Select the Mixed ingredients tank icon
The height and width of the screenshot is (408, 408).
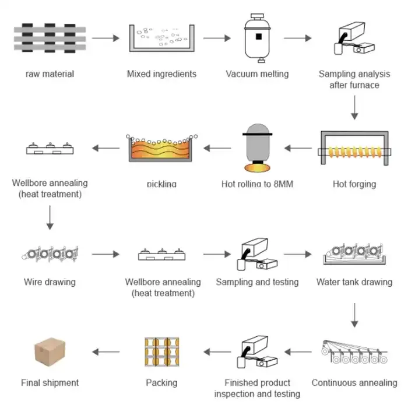[x=161, y=39]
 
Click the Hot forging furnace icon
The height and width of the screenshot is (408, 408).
[x=354, y=150]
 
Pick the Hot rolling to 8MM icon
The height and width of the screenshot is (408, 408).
[x=257, y=149]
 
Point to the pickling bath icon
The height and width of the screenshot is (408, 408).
[x=161, y=150]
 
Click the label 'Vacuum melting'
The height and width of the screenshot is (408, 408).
[x=257, y=74]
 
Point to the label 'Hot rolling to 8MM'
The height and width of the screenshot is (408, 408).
[x=257, y=184]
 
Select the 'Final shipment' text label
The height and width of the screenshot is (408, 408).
[x=50, y=383]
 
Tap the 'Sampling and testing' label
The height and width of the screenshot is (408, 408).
[x=257, y=282]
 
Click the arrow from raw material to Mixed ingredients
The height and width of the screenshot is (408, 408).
[x=105, y=38]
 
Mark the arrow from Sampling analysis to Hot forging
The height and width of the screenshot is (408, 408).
[x=354, y=107]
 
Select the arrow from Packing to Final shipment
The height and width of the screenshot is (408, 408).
[x=105, y=351]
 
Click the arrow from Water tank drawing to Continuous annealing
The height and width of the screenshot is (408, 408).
[x=354, y=315]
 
